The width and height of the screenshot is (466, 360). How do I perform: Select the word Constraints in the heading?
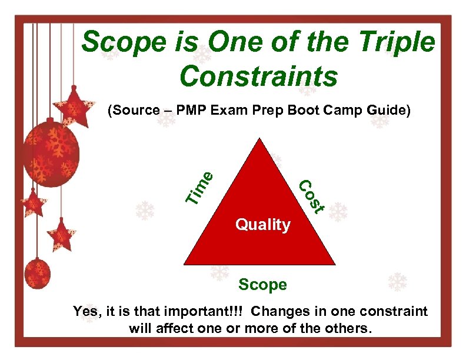click(x=259, y=76)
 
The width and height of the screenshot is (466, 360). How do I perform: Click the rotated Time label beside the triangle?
click(x=199, y=188)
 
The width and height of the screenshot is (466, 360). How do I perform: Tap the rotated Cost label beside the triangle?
click(x=311, y=196)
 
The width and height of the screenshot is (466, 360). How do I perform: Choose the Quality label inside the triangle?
click(x=262, y=224)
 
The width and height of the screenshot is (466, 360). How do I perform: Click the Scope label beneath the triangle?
click(x=262, y=285)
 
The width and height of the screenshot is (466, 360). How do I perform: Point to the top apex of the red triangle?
click(x=258, y=139)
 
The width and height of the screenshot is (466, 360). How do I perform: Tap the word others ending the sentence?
click(x=349, y=328)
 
